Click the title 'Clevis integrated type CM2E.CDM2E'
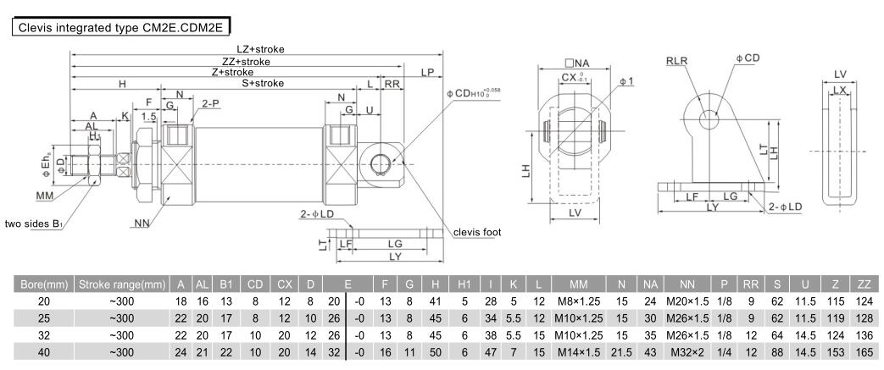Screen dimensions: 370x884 (119, 27)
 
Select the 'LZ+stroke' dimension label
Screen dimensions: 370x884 (260, 49)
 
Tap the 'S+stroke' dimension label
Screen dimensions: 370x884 (263, 83)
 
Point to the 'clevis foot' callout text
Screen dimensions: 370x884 (478, 232)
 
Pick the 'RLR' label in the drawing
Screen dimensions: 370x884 (676, 62)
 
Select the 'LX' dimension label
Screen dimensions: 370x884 (839, 89)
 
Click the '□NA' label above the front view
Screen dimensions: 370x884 (577, 64)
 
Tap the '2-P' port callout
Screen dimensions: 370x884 (211, 103)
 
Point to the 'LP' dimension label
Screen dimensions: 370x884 (428, 73)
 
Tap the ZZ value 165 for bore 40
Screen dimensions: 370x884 (864, 348)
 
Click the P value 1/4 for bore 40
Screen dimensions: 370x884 (724, 348)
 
